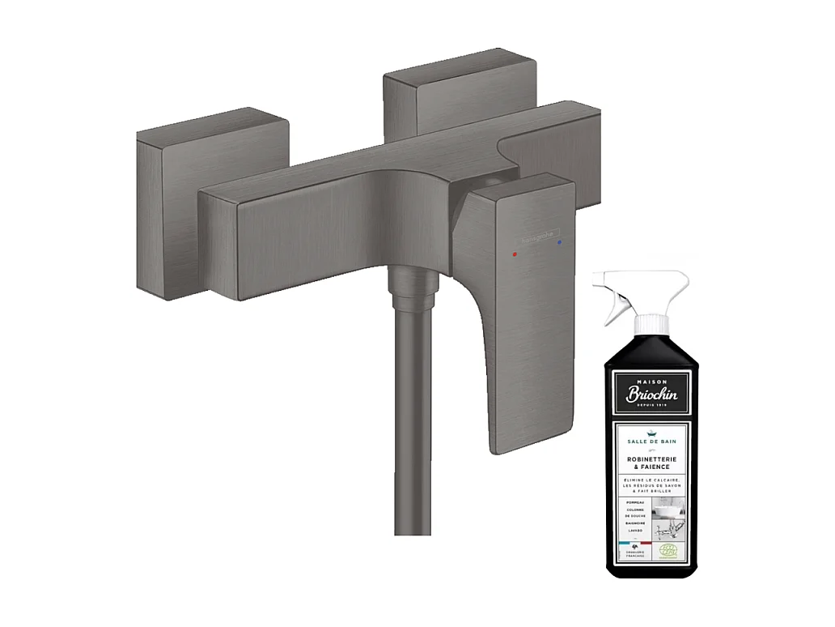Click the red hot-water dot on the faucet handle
point(514,254)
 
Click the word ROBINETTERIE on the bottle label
point(651,459)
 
